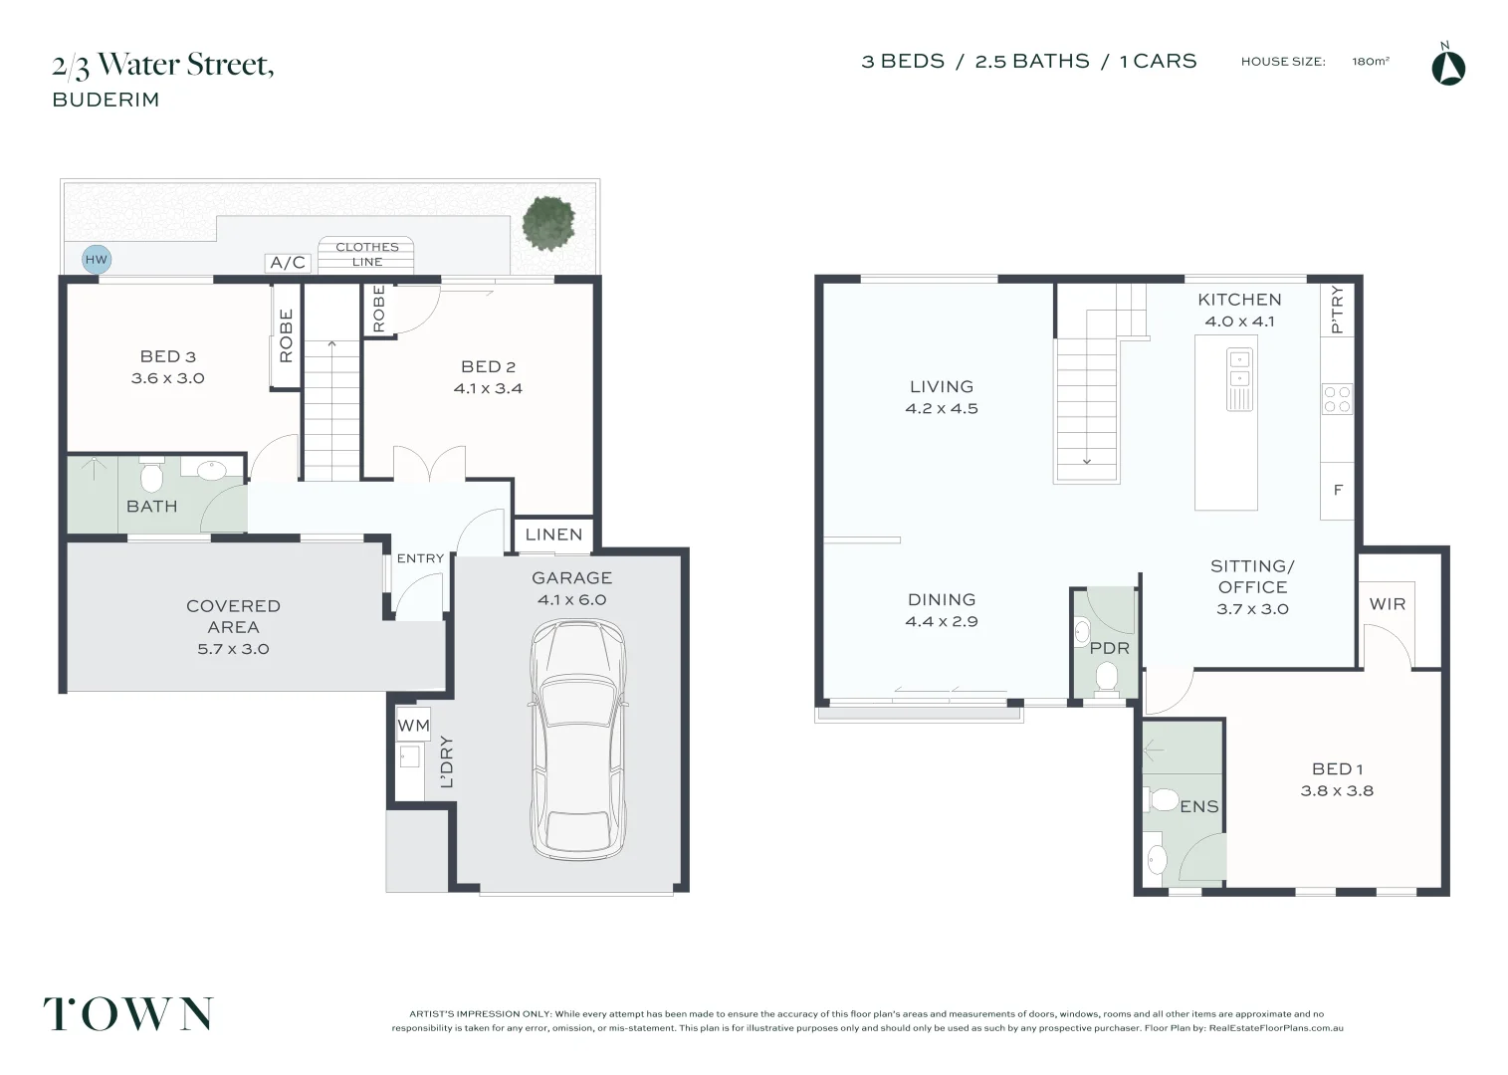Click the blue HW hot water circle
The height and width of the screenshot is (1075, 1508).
(97, 260)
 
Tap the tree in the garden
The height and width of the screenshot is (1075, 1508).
(548, 223)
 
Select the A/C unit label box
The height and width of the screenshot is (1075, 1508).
(288, 263)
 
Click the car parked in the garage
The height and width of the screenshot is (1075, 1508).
(578, 741)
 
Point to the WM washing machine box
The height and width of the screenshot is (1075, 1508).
(413, 725)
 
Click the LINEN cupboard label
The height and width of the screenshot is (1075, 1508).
(554, 535)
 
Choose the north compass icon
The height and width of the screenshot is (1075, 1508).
(1448, 65)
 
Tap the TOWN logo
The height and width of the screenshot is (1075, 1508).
(128, 1013)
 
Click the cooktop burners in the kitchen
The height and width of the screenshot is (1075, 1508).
(1337, 398)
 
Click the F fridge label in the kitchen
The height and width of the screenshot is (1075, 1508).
(1338, 490)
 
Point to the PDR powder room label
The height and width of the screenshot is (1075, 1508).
(1110, 648)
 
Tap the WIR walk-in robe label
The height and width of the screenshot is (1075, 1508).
(1388, 604)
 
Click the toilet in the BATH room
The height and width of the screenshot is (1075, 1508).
(151, 475)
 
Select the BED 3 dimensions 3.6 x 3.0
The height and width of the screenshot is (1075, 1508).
(167, 378)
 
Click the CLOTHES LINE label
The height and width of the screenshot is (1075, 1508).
(367, 255)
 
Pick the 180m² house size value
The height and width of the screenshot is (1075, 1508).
(1371, 62)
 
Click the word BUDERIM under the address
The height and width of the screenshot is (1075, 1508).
(106, 100)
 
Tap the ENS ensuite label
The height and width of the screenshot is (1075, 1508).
(1199, 806)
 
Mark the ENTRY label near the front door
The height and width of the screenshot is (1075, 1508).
(420, 558)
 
